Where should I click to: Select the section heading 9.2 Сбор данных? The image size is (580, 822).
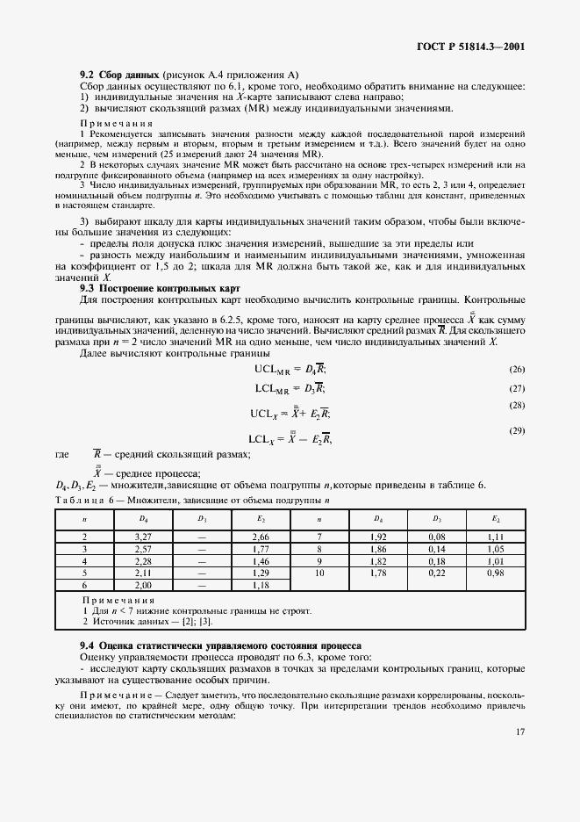[119, 75]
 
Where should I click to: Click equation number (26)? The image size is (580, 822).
[516, 371]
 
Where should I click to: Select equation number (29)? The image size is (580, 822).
[516, 431]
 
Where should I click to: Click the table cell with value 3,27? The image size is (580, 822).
[144, 536]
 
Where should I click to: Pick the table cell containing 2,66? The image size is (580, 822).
[260, 536]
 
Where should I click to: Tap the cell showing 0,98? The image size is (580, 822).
[495, 573]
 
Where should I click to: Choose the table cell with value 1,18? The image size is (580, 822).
[260, 585]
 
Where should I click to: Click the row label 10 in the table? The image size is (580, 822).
[319, 573]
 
